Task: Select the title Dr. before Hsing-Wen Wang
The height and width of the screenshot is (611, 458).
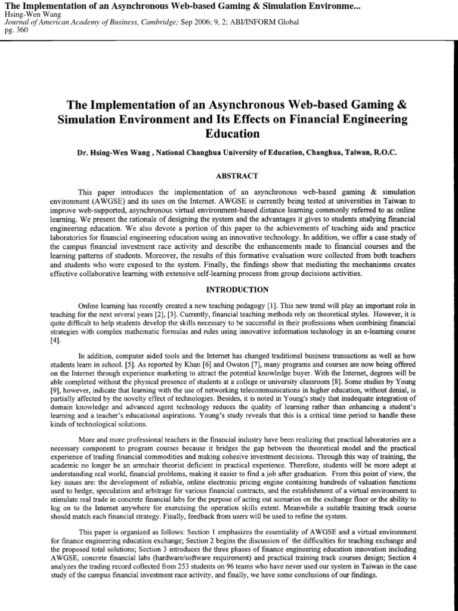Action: click(x=83, y=152)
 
